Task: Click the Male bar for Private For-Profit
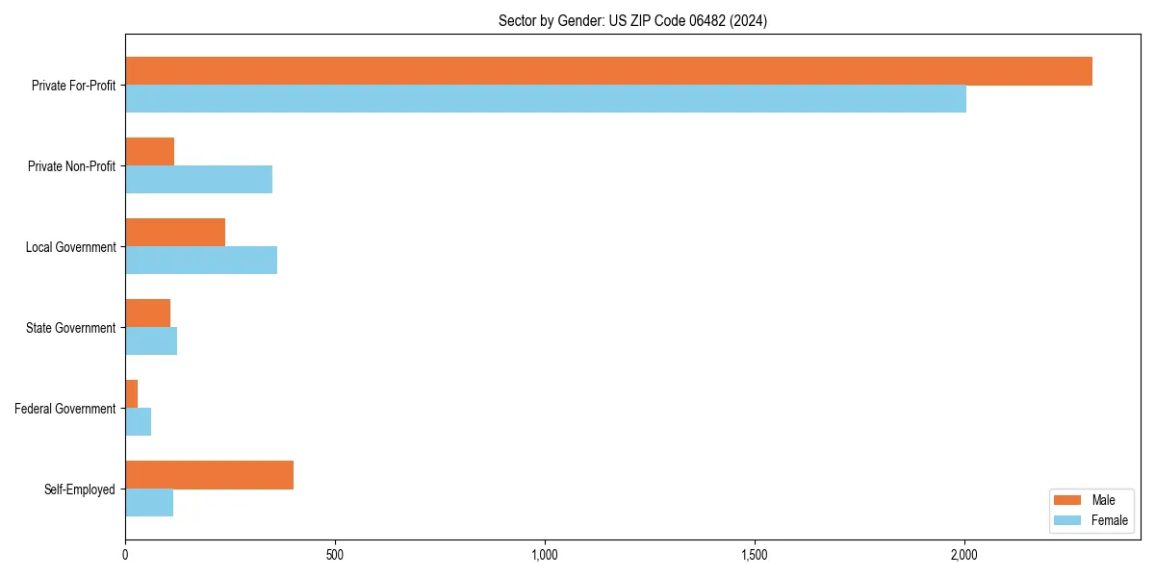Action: point(608,71)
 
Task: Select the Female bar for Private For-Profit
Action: point(546,99)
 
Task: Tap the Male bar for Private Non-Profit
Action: point(149,152)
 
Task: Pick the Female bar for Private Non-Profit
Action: point(198,180)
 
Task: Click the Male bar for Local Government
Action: point(175,233)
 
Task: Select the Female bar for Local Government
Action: point(201,261)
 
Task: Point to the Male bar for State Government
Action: point(147,314)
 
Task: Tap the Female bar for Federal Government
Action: point(138,422)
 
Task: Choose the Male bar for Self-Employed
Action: point(209,475)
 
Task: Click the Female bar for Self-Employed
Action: point(149,503)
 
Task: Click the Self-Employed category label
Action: point(80,489)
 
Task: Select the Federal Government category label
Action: point(65,409)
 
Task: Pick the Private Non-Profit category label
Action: point(71,166)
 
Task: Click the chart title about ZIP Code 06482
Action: point(632,20)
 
